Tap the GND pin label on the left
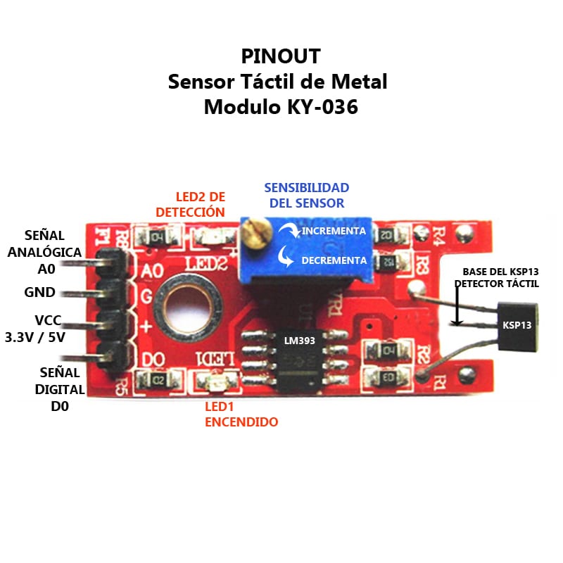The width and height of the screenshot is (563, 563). (39, 293)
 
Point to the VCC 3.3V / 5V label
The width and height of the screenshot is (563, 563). (35, 328)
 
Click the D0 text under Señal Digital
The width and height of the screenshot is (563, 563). (59, 406)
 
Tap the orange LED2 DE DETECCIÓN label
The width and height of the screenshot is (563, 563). (190, 203)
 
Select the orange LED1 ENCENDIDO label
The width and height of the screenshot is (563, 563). (241, 415)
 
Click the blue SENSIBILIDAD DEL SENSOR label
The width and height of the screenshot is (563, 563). (306, 196)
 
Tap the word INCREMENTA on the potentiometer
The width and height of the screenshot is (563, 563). (334, 231)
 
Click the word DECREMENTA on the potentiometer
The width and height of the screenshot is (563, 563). (334, 260)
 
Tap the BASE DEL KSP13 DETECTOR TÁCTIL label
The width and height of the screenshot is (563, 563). (497, 277)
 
